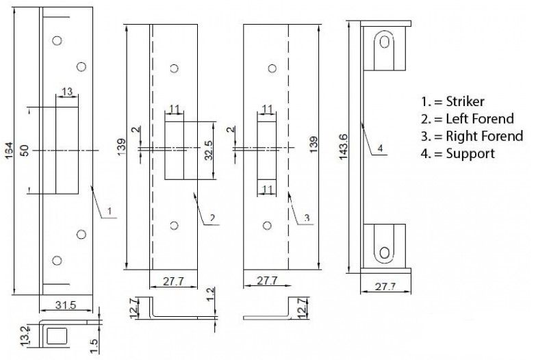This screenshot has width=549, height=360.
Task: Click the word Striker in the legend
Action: click(465, 101)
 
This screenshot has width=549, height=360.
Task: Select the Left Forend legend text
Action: click(480, 118)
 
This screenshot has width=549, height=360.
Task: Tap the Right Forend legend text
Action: click(484, 136)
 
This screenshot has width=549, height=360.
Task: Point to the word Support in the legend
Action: click(470, 153)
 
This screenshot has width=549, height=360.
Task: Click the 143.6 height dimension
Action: click(344, 146)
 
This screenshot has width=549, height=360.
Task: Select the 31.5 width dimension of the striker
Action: click(66, 305)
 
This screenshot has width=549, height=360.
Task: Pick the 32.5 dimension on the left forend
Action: click(208, 151)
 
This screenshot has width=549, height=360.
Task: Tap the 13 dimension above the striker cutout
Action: click(67, 92)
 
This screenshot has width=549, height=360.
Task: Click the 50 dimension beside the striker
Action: click(24, 151)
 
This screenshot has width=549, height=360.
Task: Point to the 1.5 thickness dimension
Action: click(94, 346)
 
